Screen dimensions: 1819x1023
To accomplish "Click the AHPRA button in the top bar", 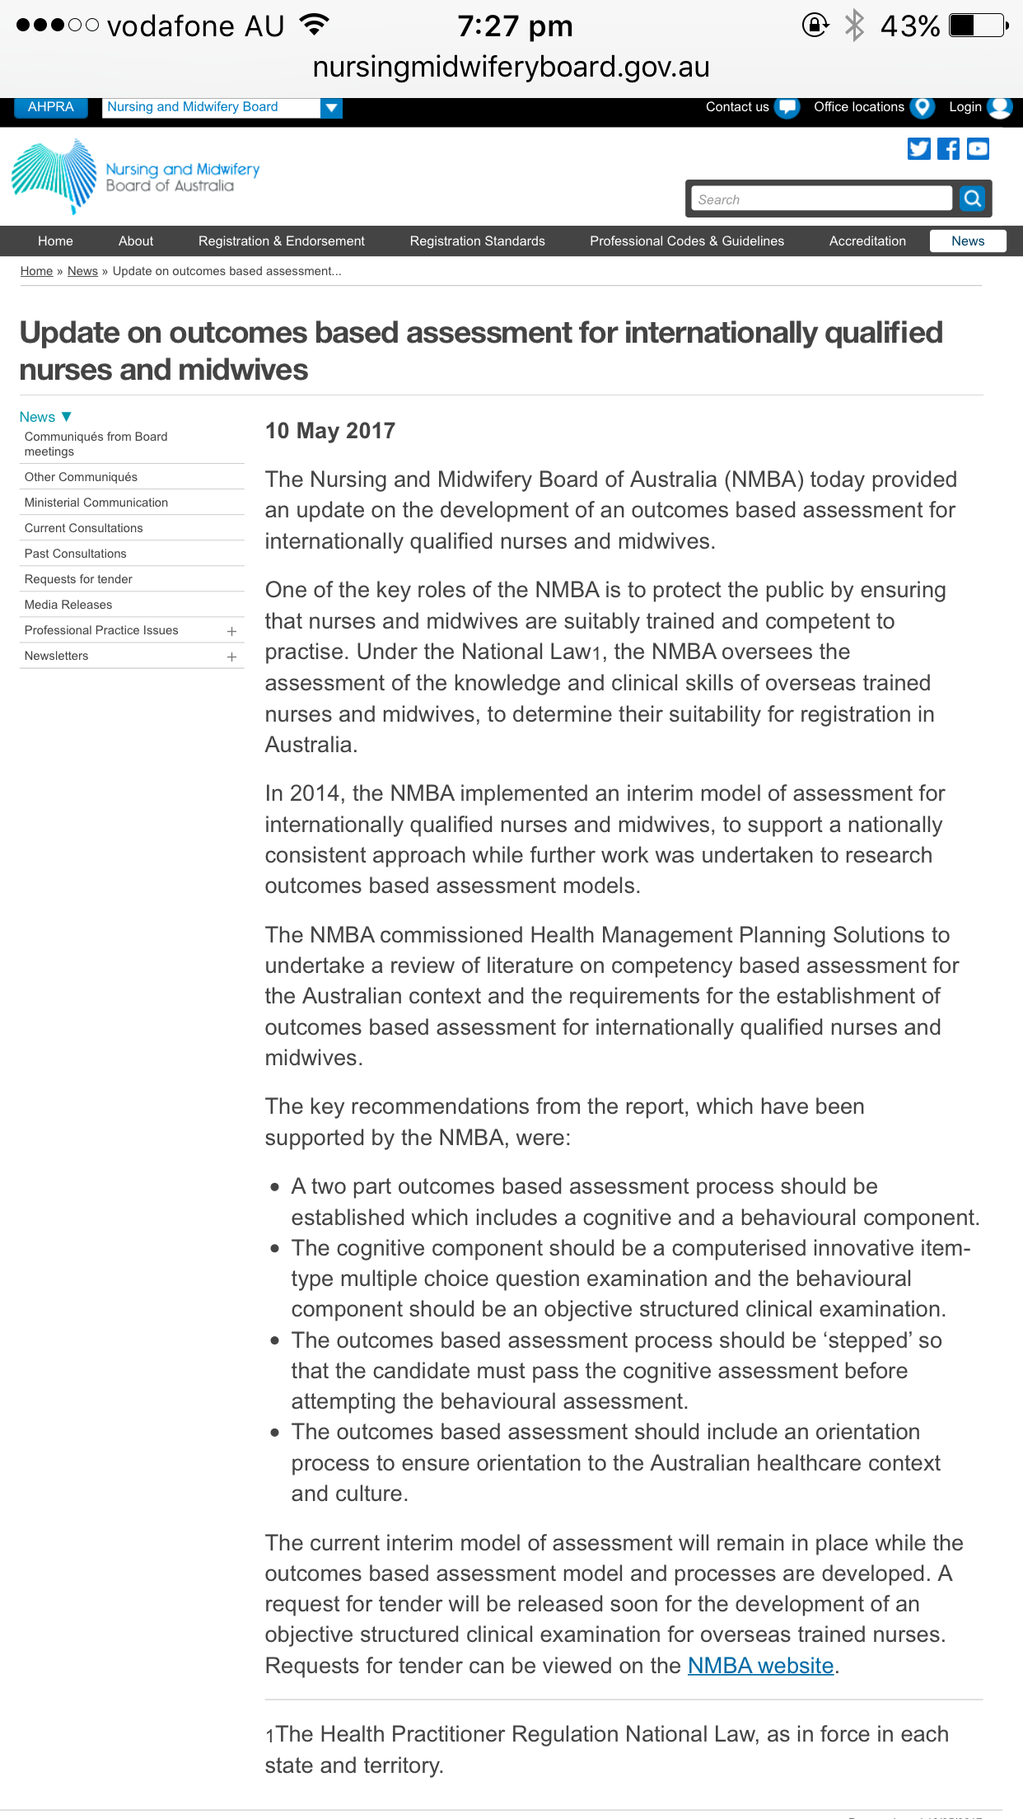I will (50, 107).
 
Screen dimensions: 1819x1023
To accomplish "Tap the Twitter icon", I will (918, 149).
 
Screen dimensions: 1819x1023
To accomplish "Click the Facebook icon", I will (949, 149).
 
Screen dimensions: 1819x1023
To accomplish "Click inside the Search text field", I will (820, 199).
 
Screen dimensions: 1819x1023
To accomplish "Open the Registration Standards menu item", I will (477, 241).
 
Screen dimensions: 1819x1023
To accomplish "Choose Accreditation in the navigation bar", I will (867, 241).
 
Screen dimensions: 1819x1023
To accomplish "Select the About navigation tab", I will (136, 241).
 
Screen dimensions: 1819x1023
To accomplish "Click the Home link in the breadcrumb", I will (36, 272).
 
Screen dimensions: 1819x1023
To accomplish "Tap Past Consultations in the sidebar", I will (76, 554).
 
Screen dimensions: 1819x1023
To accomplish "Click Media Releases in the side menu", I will (68, 605).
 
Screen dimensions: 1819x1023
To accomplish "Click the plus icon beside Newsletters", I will (231, 657).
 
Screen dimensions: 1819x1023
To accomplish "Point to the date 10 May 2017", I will (330, 431).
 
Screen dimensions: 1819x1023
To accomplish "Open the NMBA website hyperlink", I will (760, 1666).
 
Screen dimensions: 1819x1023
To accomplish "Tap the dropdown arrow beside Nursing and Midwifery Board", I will (331, 108).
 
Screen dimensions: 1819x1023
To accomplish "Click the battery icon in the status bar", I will (978, 26).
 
